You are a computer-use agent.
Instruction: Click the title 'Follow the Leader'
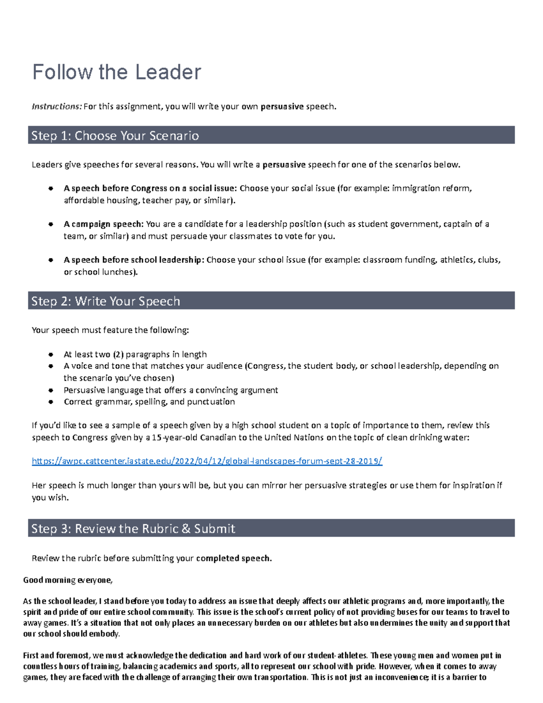click(x=117, y=72)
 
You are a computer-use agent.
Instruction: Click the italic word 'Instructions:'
click(x=57, y=107)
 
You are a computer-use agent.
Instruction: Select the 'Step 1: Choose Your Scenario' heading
click(x=115, y=136)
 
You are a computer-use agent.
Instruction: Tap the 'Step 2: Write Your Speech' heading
click(x=105, y=301)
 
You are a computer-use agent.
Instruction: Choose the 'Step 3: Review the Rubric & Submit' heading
click(x=133, y=529)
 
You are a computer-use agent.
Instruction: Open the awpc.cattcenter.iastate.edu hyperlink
click(x=207, y=461)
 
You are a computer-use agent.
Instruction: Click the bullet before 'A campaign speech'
click(x=51, y=224)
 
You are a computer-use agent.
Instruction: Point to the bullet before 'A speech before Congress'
click(x=51, y=188)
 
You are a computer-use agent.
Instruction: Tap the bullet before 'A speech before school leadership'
click(x=51, y=260)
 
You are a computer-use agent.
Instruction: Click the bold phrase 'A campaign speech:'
click(x=104, y=224)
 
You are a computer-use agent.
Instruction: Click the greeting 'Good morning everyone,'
click(x=67, y=580)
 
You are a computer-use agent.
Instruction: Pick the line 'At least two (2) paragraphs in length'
click(x=135, y=354)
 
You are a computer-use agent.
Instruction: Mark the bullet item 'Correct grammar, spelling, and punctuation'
click(x=149, y=402)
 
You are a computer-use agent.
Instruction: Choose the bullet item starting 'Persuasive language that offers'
click(x=171, y=390)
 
